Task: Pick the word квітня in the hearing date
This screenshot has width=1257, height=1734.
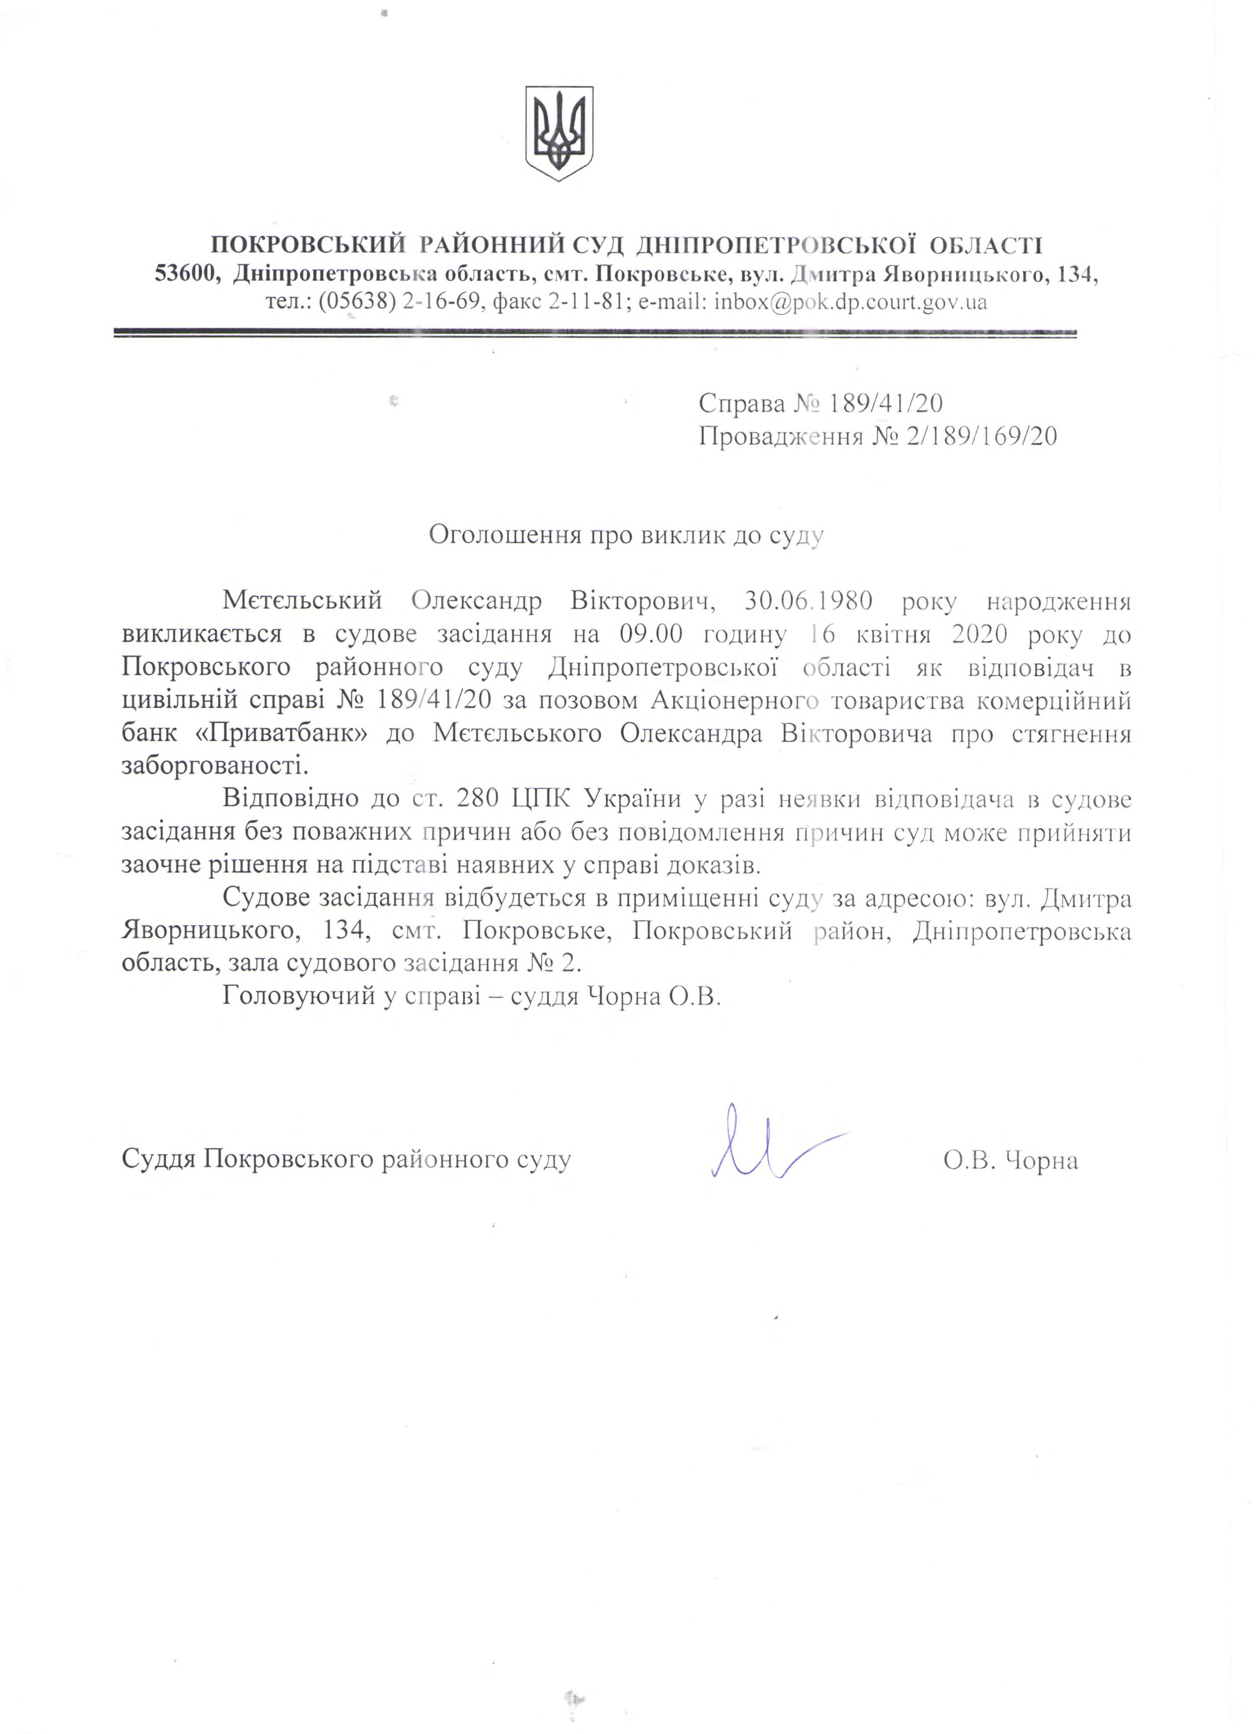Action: coord(911,635)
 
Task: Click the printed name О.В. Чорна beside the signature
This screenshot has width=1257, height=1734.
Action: coord(1010,1161)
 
